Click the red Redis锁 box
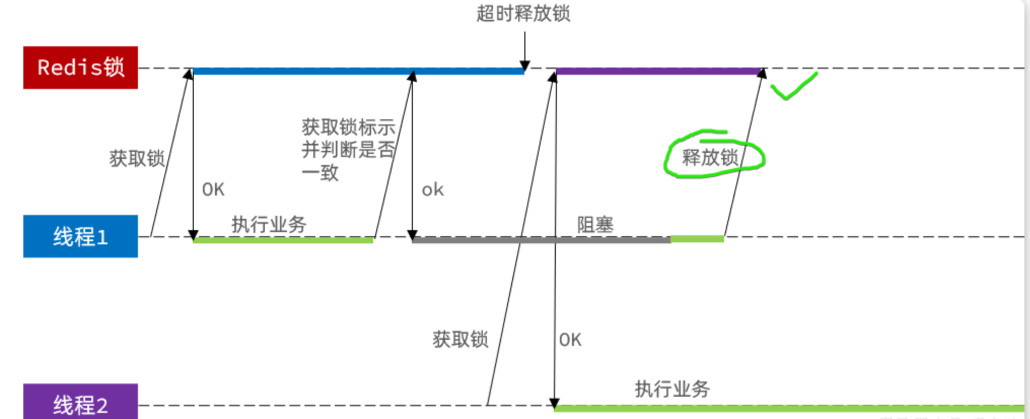tap(80, 68)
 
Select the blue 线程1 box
tap(80, 236)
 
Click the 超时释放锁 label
tap(523, 14)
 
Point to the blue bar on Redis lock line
tap(358, 71)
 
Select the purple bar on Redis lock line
tap(658, 71)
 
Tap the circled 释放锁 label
tap(710, 157)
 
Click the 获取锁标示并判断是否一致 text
tap(347, 149)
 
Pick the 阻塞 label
tap(595, 224)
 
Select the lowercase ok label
tap(433, 190)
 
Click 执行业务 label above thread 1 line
tap(269, 224)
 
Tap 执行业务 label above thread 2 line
tap(672, 389)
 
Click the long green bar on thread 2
tap(789, 408)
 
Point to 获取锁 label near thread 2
tap(460, 339)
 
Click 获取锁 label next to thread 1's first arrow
tap(137, 158)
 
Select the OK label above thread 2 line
tap(570, 340)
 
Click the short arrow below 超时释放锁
tap(525, 51)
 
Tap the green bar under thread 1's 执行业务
tap(283, 240)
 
